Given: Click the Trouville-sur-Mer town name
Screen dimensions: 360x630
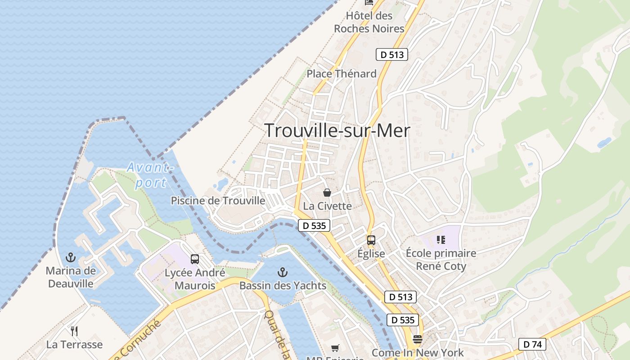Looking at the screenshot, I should [x=337, y=130].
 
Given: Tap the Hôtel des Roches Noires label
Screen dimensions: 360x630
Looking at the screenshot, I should [x=369, y=22].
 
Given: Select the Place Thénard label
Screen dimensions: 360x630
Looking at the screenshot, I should [x=342, y=74].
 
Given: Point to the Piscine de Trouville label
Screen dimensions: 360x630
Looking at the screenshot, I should [x=218, y=201].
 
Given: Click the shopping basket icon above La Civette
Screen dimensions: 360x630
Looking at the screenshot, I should [x=327, y=193].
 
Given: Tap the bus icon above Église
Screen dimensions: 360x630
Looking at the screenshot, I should [x=371, y=240].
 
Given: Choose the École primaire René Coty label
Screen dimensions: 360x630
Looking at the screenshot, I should [x=441, y=260].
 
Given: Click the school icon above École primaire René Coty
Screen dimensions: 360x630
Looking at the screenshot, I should [x=441, y=240].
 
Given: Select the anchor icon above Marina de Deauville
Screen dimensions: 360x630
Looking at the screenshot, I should [x=71, y=257].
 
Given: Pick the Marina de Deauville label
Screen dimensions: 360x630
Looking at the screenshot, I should [x=71, y=277].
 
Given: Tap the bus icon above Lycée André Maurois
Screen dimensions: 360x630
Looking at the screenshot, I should [x=194, y=259].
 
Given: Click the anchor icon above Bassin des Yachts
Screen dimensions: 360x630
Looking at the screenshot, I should [x=282, y=272].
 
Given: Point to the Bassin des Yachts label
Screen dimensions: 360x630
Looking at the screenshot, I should [x=283, y=285].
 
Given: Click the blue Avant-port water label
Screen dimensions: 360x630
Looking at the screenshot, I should [x=148, y=175].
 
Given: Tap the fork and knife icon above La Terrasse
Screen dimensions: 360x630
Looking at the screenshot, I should [x=74, y=331].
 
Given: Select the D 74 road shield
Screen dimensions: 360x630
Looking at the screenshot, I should [x=532, y=345].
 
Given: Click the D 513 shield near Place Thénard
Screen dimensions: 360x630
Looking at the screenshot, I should [x=391, y=54].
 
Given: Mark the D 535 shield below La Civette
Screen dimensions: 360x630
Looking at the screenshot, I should [x=314, y=225].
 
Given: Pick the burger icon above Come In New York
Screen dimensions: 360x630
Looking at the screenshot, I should [x=418, y=339].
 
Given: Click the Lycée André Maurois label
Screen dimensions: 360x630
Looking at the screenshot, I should [x=194, y=279].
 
